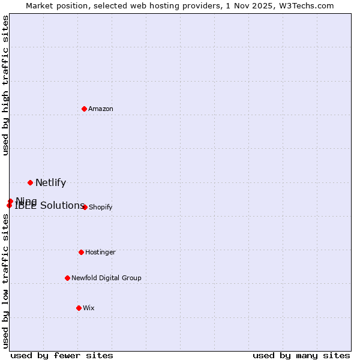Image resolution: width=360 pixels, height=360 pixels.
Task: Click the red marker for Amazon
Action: (85, 109)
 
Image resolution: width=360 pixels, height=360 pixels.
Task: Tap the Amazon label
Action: (101, 109)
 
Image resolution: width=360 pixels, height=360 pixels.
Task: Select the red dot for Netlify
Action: (30, 182)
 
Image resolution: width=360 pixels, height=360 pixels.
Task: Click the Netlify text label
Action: (50, 183)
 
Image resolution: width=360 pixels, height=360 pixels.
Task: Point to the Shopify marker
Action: (85, 207)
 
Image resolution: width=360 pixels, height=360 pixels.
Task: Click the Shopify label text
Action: (100, 207)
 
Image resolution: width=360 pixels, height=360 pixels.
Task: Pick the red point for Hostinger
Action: (81, 252)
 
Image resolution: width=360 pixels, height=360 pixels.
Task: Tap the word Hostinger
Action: (100, 252)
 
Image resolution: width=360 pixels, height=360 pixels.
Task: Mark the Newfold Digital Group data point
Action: (67, 278)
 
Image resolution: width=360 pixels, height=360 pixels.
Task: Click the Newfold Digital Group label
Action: (106, 278)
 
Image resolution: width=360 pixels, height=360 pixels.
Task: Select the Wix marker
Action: (79, 308)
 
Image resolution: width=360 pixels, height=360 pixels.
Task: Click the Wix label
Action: (89, 308)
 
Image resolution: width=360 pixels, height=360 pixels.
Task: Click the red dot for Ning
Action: (10, 201)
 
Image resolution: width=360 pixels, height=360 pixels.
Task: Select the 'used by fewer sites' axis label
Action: (62, 355)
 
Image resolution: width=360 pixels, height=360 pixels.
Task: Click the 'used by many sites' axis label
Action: (301, 355)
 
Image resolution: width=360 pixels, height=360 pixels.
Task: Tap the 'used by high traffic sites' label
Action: (5, 85)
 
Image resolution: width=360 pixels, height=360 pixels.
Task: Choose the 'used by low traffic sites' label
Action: (5, 281)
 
